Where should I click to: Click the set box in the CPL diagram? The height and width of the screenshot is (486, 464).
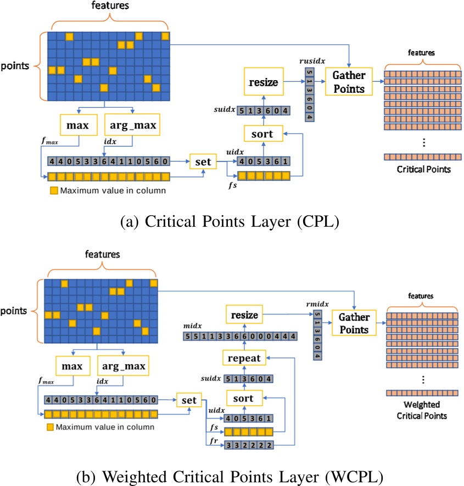pyautogui.click(x=203, y=162)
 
